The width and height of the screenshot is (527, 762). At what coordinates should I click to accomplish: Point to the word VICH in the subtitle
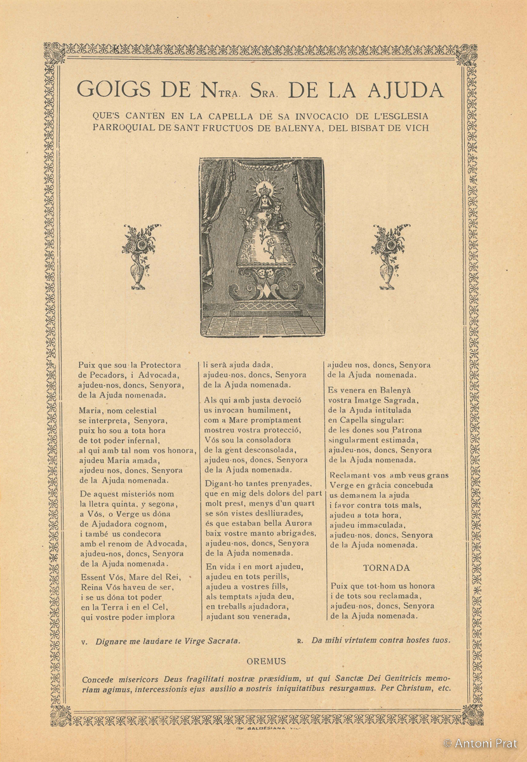pos(416,128)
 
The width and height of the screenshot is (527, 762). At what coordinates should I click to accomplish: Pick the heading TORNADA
pos(386,568)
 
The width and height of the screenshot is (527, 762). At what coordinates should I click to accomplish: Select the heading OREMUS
pos(267,661)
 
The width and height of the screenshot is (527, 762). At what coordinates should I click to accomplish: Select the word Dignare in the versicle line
pos(114,641)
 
